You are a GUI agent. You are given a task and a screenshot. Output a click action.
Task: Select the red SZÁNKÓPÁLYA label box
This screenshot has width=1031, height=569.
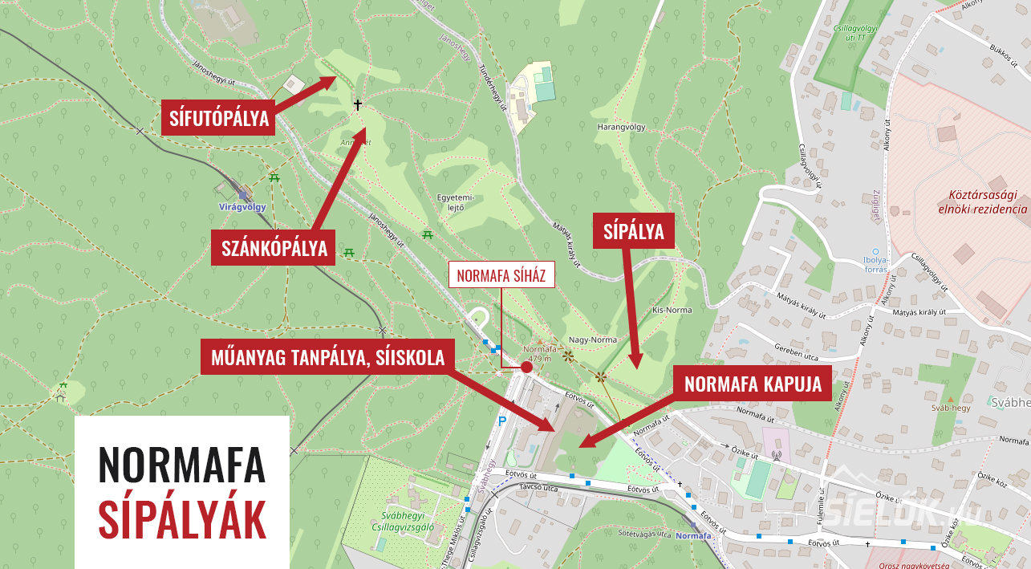coord(274,249)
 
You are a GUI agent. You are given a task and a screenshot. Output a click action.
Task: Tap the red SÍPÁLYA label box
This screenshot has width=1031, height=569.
coord(634,232)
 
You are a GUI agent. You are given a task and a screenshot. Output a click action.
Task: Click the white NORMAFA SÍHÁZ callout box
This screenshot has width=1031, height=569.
coord(501,276)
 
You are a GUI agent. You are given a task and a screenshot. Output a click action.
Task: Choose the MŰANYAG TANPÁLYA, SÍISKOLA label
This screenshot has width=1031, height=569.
coord(327,358)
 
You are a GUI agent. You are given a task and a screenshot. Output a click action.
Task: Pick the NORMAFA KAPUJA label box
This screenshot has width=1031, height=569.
coord(753,384)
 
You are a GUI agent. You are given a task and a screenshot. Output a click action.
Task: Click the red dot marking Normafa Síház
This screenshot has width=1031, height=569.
coord(526,367)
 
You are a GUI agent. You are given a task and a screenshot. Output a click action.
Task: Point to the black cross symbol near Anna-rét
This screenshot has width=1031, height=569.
coord(358,105)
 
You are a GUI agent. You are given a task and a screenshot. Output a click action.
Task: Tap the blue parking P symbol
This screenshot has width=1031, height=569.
coord(503,421)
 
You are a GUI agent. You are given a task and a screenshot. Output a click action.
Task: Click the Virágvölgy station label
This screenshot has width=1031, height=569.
coord(242,206)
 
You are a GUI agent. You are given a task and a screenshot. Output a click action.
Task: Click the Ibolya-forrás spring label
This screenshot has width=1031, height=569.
coord(875,264)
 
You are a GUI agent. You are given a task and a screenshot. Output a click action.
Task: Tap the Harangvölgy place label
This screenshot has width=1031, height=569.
coord(621,128)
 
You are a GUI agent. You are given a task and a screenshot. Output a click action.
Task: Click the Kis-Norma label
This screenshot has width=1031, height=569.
coord(672,310)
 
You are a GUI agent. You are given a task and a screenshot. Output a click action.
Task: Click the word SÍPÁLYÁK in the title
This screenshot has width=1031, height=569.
coord(181,519)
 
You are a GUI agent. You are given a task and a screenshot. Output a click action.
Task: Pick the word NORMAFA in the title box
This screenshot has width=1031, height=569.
coord(181,464)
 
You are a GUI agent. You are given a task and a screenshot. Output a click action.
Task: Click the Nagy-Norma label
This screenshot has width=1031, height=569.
coord(592,339)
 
